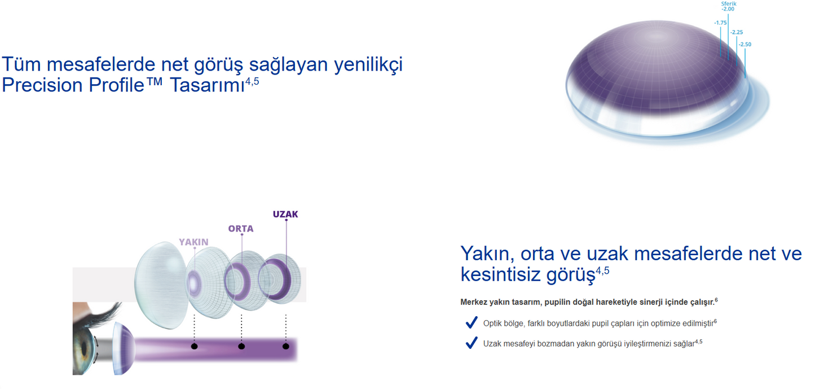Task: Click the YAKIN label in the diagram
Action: (193, 242)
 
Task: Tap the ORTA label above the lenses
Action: (241, 229)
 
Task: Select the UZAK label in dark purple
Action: (285, 215)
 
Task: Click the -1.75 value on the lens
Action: (720, 23)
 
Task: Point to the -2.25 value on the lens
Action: (737, 32)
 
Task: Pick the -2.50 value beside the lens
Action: (745, 44)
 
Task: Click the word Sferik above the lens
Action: (729, 3)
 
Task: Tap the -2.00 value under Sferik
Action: (728, 10)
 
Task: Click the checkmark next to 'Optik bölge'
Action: (472, 323)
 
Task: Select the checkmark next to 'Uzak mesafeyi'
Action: (472, 343)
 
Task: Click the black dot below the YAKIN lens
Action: (194, 346)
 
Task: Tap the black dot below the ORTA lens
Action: (241, 346)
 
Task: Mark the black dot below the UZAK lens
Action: (286, 346)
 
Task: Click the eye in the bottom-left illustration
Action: (90, 344)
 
